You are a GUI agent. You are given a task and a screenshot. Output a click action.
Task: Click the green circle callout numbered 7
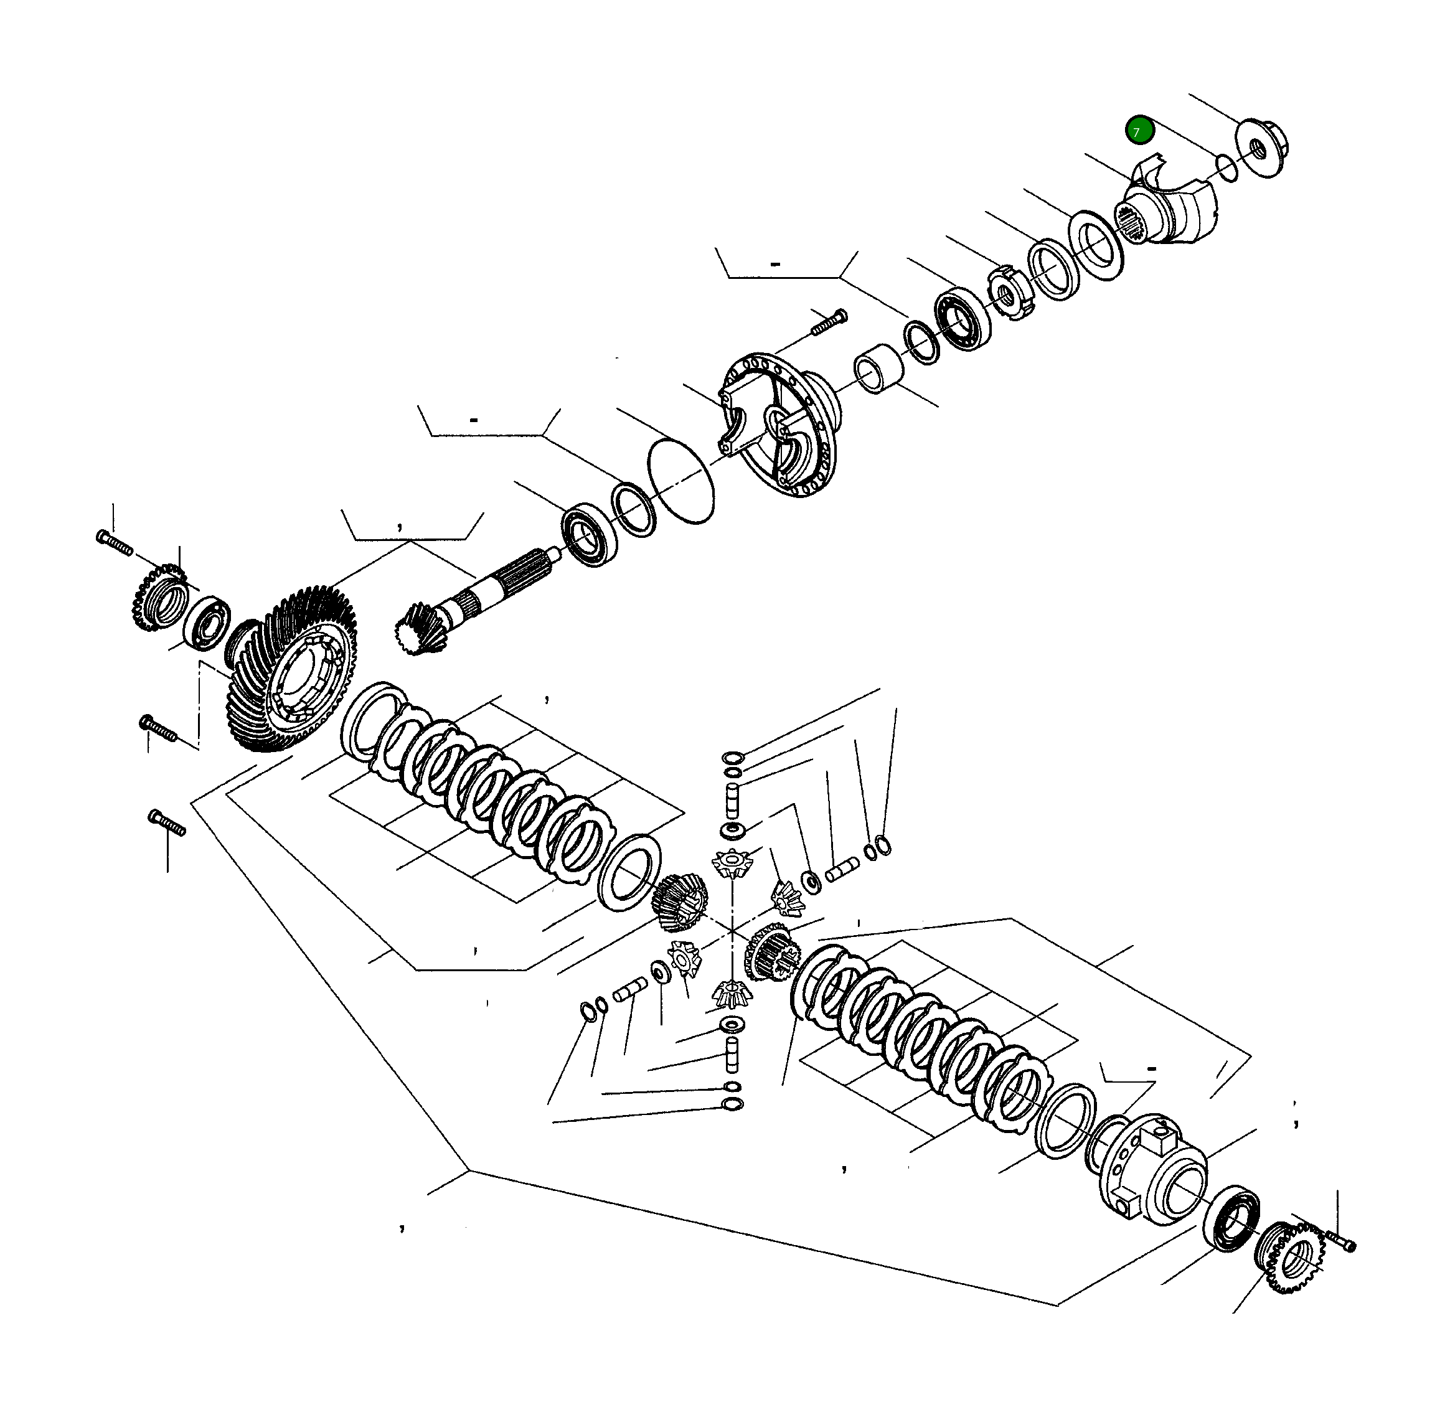[x=1139, y=131]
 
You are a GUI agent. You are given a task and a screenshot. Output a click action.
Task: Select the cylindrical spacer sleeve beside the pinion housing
[x=879, y=369]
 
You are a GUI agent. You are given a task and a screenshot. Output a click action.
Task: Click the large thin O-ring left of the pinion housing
[x=680, y=481]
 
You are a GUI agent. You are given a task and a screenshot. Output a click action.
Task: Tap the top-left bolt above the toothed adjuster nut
[x=114, y=542]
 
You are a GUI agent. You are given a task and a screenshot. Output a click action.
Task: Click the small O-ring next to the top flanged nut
[x=1226, y=168]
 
